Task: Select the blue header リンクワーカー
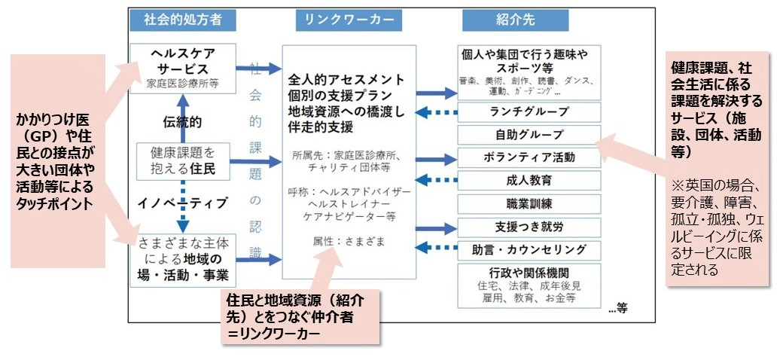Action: tap(349, 20)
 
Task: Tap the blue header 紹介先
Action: tap(516, 20)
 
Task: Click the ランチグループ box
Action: tap(530, 112)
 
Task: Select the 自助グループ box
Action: tap(530, 135)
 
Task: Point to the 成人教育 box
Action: tap(530, 181)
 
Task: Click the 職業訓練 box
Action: tap(530, 203)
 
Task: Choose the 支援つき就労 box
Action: tap(530, 227)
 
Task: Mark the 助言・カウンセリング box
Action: tap(530, 249)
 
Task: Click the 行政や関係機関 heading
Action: tap(530, 272)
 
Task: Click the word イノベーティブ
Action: tap(180, 203)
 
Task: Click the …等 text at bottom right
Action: tap(619, 307)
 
